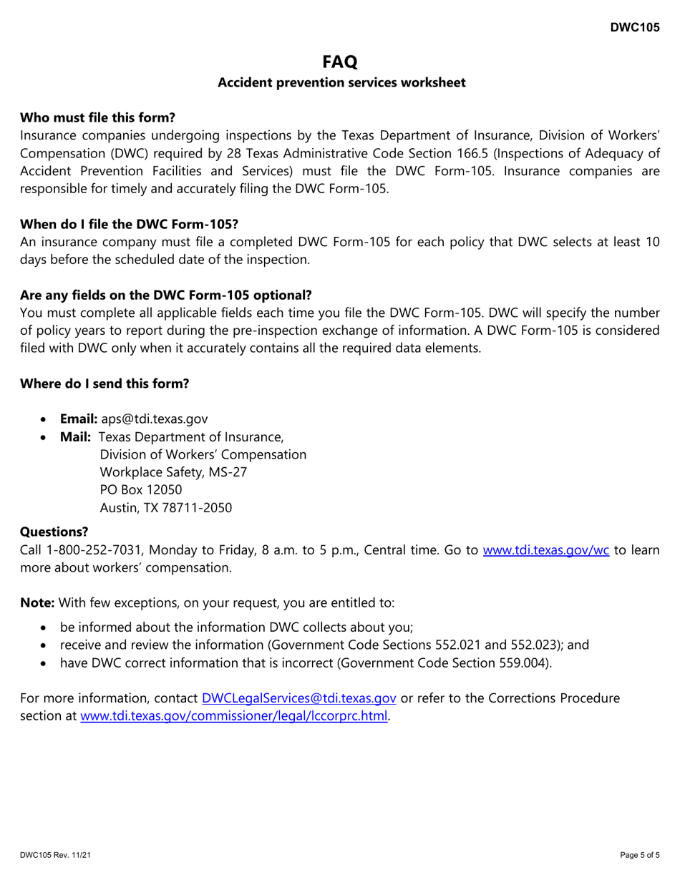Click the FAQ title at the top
(x=341, y=62)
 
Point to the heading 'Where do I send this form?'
(x=105, y=383)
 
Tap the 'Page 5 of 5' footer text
(x=639, y=855)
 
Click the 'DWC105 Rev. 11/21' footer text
(x=49, y=855)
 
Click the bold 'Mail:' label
(x=75, y=436)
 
